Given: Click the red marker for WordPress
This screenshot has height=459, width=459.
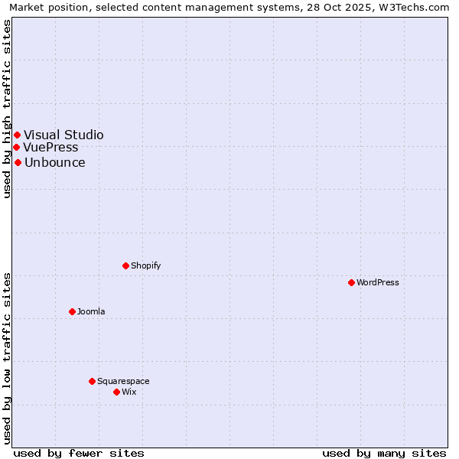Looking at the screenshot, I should pyautogui.click(x=351, y=282).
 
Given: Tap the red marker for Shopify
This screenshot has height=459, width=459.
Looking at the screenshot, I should pyautogui.click(x=125, y=265).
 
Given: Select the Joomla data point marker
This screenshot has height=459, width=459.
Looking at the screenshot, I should pyautogui.click(x=72, y=311).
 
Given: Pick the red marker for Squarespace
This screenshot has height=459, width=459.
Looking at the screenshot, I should pyautogui.click(x=92, y=381).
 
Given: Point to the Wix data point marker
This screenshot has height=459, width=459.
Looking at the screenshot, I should pyautogui.click(x=116, y=392).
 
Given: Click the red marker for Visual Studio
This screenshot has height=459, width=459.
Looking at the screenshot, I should pyautogui.click(x=17, y=135).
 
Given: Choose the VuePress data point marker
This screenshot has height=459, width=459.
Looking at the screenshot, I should pyautogui.click(x=16, y=147).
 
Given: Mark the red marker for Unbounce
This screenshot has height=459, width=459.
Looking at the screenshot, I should pyautogui.click(x=18, y=162).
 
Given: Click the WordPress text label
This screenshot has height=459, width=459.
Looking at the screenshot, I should pyautogui.click(x=378, y=282).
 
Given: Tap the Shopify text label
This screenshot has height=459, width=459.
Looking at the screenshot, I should pyautogui.click(x=145, y=265).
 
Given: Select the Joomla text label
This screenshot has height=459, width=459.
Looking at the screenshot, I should pyautogui.click(x=91, y=311).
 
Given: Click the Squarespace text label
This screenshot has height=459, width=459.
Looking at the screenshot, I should pyautogui.click(x=123, y=381).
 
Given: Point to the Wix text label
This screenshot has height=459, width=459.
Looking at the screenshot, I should pyautogui.click(x=129, y=392).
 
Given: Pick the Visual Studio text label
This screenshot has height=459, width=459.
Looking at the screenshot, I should pyautogui.click(x=63, y=135).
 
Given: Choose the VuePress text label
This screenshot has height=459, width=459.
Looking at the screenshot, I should pyautogui.click(x=50, y=147).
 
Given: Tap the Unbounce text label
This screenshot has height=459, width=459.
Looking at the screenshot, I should pyautogui.click(x=54, y=162).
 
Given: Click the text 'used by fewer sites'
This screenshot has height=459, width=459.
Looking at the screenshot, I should pyautogui.click(x=79, y=453).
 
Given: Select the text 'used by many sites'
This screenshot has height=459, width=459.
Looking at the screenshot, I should pyautogui.click(x=384, y=453).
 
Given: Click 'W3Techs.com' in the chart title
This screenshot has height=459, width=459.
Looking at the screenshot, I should pyautogui.click(x=417, y=7).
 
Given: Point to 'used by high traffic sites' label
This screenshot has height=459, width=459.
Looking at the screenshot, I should pyautogui.click(x=7, y=109).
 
